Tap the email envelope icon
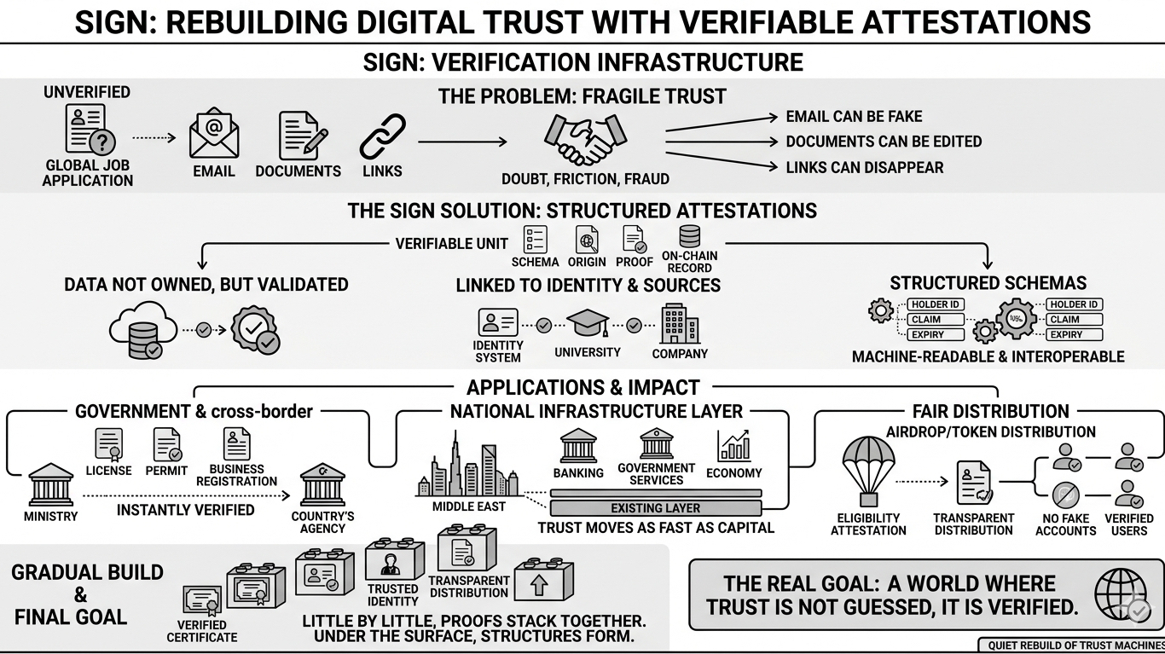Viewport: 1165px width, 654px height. coord(214,135)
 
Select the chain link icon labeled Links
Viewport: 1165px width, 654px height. coord(382,136)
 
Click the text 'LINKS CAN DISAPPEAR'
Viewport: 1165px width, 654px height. coord(865,167)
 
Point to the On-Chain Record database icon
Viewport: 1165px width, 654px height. coord(689,236)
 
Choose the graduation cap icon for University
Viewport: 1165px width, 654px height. coord(588,325)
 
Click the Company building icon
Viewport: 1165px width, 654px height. coord(680,324)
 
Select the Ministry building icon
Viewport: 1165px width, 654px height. coord(51,485)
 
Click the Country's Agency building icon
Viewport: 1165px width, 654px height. coord(322,485)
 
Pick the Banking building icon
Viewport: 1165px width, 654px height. coord(578,446)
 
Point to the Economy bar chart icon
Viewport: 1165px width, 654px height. coord(733,446)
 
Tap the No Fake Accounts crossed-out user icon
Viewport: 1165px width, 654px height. coord(1065,495)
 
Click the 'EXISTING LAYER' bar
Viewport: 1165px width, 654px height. coord(655,508)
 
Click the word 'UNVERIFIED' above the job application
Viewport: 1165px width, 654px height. coord(87,92)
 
